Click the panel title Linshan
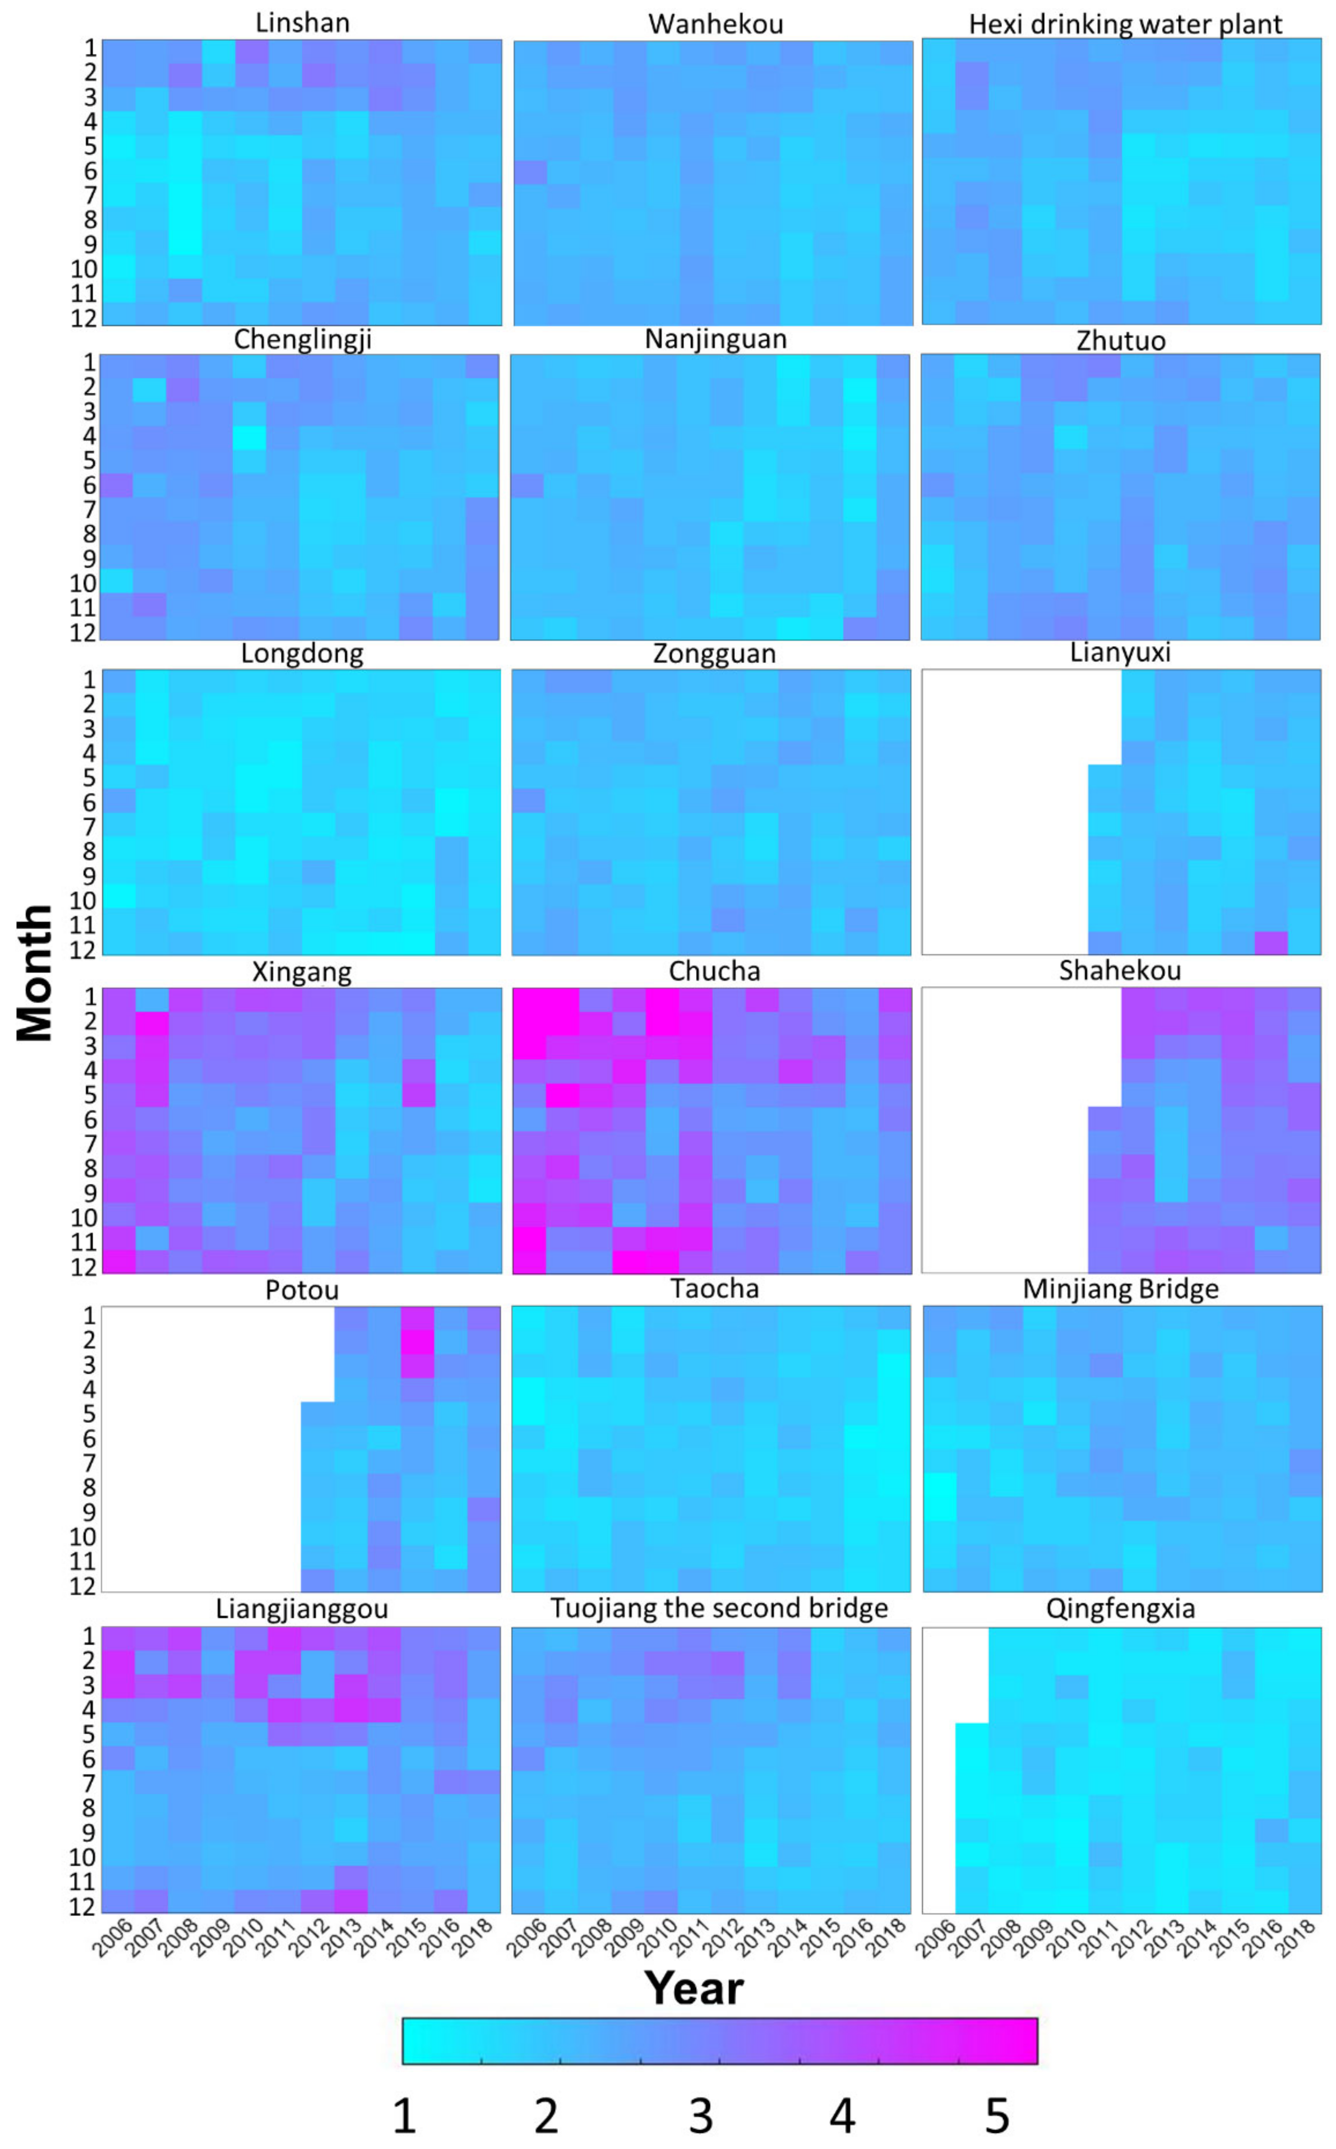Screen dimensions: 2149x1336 click(x=302, y=23)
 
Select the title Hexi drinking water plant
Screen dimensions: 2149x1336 click(x=1125, y=25)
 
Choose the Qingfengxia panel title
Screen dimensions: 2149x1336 click(x=1120, y=1608)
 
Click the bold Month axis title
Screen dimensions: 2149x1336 click(x=35, y=972)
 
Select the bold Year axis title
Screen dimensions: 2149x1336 click(x=694, y=1987)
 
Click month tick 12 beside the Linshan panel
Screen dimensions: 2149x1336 click(x=84, y=318)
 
